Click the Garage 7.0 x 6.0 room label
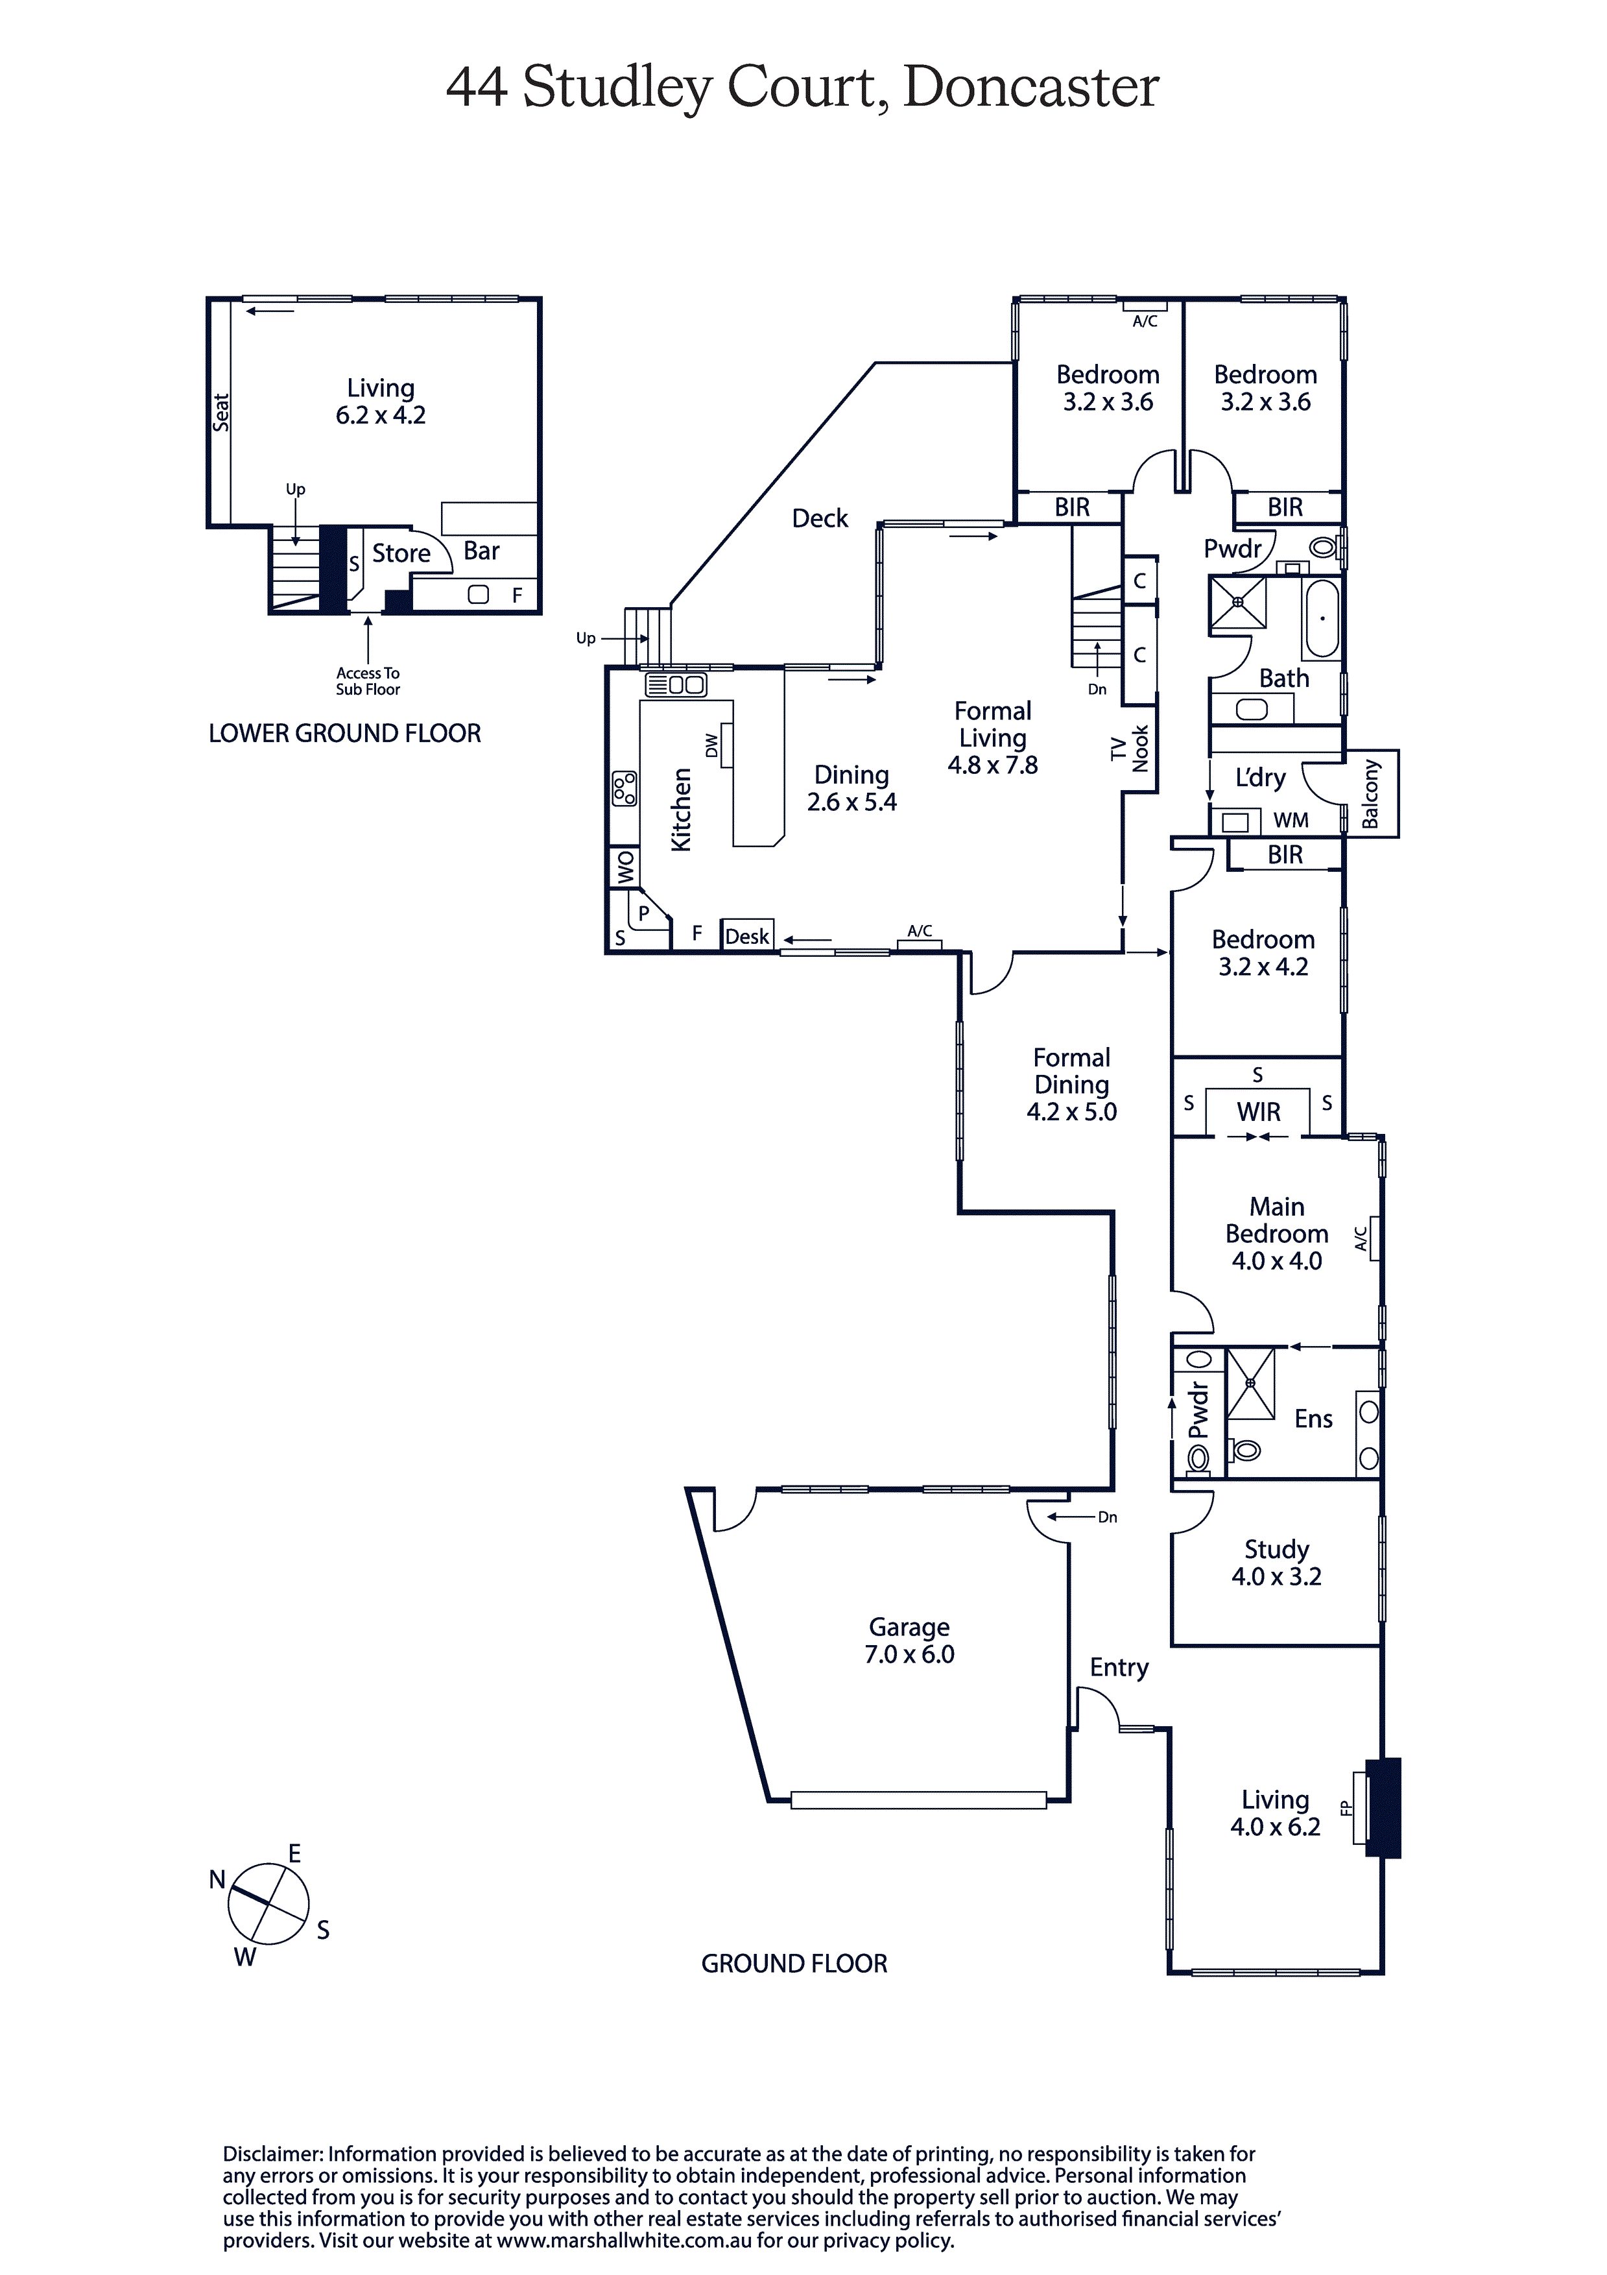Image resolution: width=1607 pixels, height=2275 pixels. (x=909, y=1640)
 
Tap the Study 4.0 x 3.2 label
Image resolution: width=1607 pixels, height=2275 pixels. (x=1276, y=1563)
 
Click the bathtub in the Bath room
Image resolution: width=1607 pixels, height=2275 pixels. (x=1322, y=620)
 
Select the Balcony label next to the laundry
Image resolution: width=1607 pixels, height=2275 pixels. (x=1371, y=793)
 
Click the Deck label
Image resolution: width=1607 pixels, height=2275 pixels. (x=820, y=518)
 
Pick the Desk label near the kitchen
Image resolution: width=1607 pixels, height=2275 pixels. (x=747, y=936)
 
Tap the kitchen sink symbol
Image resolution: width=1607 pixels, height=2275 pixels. (x=676, y=684)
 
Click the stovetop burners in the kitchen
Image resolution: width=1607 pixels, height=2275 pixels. (x=624, y=788)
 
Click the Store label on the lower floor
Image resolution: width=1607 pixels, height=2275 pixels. (x=401, y=553)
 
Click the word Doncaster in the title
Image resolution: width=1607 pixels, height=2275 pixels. (x=1030, y=87)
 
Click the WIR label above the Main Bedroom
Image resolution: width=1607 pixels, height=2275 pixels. (x=1258, y=1112)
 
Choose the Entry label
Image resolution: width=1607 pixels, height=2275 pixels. (x=1119, y=1668)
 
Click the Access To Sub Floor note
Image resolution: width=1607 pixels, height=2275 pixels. (x=368, y=680)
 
